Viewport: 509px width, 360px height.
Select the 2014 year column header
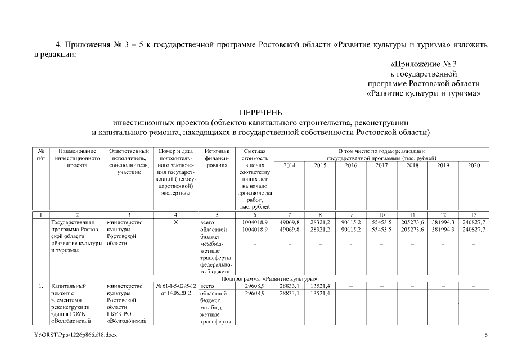point(290,165)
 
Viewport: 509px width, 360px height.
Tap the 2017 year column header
point(382,165)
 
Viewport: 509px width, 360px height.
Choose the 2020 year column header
point(474,165)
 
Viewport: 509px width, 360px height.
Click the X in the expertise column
point(177,222)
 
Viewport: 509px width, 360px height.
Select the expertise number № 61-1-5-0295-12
point(177,286)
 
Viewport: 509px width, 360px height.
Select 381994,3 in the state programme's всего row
point(443,222)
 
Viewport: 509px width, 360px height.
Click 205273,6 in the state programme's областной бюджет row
point(412,229)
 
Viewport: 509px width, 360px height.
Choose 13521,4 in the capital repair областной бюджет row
point(321,294)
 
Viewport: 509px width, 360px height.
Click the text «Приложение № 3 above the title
point(424,64)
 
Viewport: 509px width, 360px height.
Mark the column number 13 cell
point(474,215)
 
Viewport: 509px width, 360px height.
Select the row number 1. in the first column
point(41,286)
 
